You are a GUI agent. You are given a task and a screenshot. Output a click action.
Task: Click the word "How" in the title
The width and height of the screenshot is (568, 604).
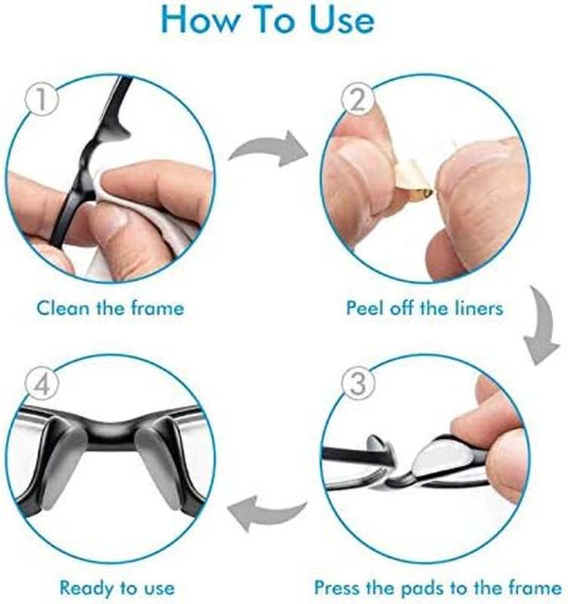(200, 20)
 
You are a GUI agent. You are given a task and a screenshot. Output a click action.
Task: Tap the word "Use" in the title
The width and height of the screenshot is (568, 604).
(342, 20)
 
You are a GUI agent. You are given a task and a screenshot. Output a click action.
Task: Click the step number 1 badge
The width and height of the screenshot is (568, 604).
(42, 99)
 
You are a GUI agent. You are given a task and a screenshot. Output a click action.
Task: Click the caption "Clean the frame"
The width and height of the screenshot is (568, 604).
(110, 308)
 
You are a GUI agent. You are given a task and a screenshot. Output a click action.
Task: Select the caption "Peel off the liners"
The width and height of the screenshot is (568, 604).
(424, 308)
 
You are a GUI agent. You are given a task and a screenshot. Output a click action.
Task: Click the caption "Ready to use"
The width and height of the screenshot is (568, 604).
(117, 588)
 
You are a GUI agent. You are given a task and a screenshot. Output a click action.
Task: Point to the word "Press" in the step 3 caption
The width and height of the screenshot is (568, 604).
(337, 588)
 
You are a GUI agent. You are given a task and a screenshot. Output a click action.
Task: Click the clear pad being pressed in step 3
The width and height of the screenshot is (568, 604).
(443, 457)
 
